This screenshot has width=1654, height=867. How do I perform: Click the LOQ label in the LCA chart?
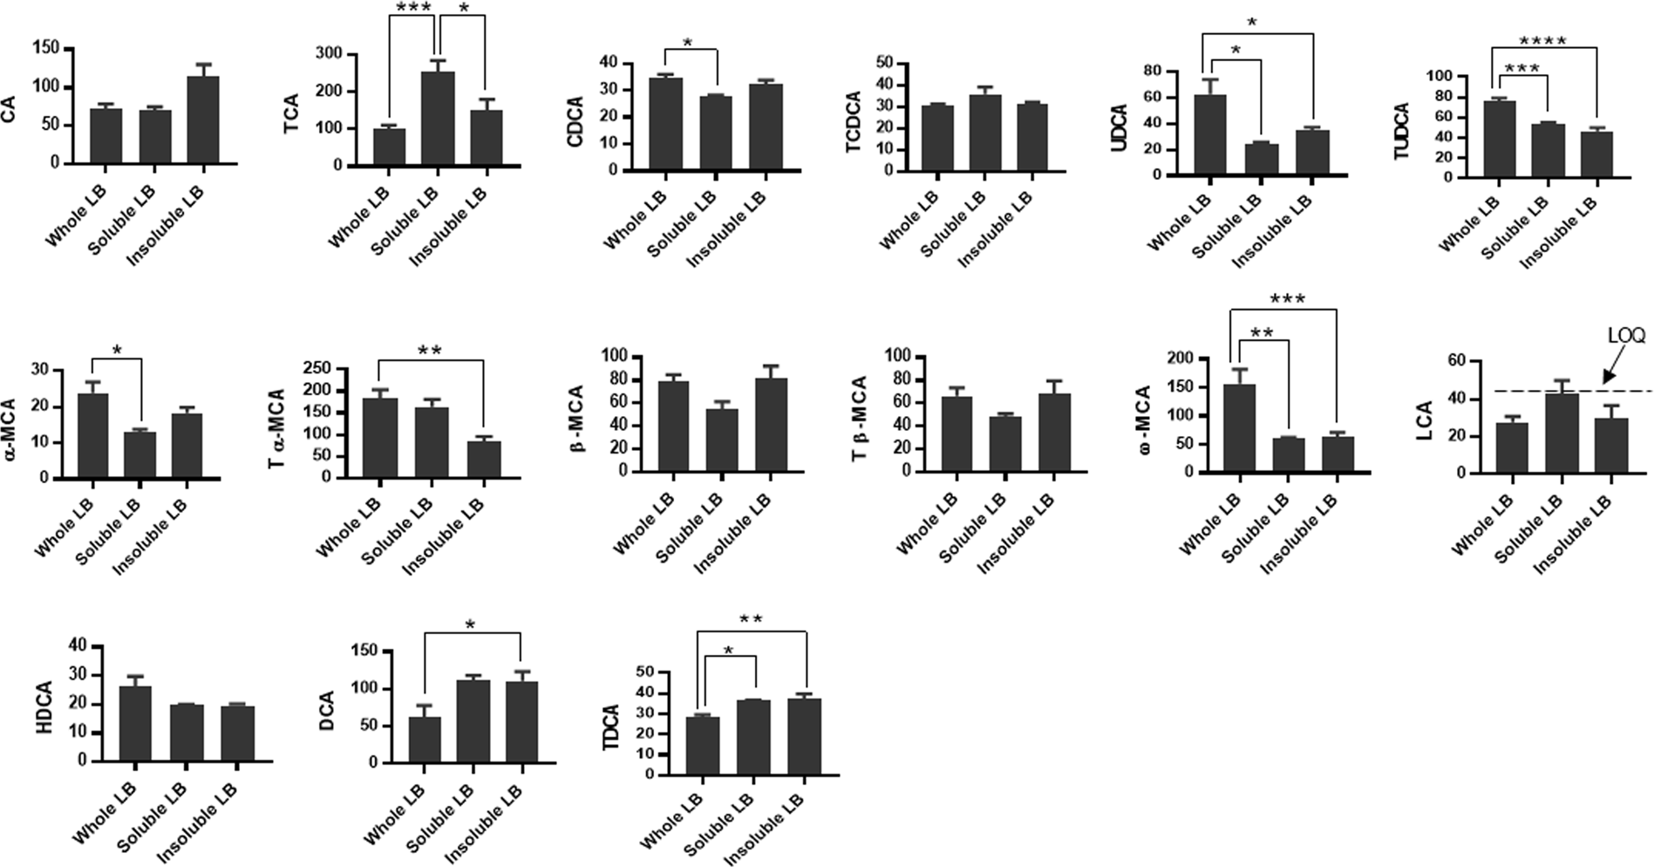[1625, 336]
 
